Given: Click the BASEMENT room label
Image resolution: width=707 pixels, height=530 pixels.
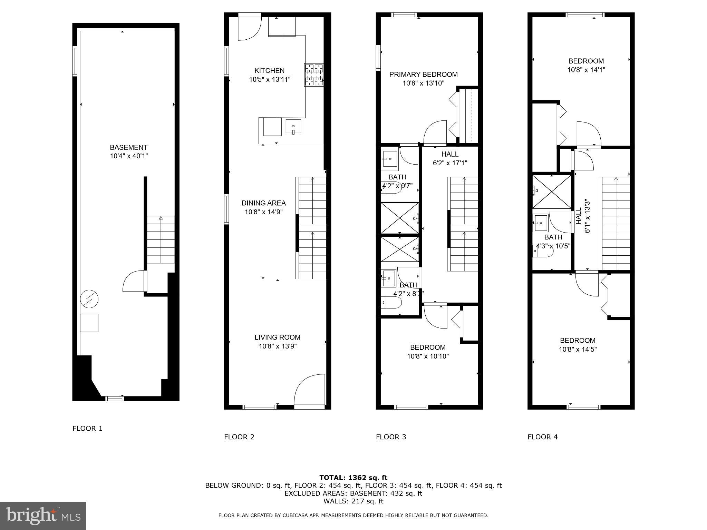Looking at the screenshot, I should pyautogui.click(x=128, y=147).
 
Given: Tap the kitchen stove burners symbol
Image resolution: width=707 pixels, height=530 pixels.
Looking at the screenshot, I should pyautogui.click(x=314, y=75).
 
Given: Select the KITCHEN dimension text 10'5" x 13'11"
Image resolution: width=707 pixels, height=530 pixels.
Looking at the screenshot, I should pyautogui.click(x=270, y=79).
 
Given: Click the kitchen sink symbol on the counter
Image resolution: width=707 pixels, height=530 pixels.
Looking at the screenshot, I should pyautogui.click(x=293, y=127).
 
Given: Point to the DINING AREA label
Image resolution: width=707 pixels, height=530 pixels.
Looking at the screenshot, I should pyautogui.click(x=263, y=203).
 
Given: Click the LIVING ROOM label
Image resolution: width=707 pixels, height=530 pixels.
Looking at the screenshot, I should pyautogui.click(x=277, y=337).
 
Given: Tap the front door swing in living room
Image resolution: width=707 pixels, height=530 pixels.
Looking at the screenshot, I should pyautogui.click(x=310, y=389).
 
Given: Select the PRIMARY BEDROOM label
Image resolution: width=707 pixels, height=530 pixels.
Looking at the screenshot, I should pyautogui.click(x=423, y=74).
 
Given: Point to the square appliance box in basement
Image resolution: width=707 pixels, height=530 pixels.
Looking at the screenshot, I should pyautogui.click(x=89, y=323).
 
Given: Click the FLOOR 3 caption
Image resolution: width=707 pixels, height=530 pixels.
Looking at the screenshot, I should pyautogui.click(x=391, y=437).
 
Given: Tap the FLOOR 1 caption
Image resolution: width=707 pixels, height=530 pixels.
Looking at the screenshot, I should pyautogui.click(x=87, y=429).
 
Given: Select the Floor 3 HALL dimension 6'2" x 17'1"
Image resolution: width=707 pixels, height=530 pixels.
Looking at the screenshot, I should pyautogui.click(x=450, y=163).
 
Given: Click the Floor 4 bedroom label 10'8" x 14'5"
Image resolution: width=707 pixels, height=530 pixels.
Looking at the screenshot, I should pyautogui.click(x=578, y=349).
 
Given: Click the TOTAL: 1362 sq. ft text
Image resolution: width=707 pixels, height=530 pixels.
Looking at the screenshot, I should pyautogui.click(x=353, y=478).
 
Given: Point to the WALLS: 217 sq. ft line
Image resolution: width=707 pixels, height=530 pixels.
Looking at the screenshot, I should pyautogui.click(x=353, y=501).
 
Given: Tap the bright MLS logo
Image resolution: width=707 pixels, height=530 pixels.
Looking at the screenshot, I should pyautogui.click(x=43, y=516).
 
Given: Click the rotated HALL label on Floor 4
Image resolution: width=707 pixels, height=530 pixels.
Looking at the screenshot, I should pyautogui.click(x=579, y=216).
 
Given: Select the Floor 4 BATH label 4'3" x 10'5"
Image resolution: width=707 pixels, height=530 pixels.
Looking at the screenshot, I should pyautogui.click(x=553, y=242).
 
